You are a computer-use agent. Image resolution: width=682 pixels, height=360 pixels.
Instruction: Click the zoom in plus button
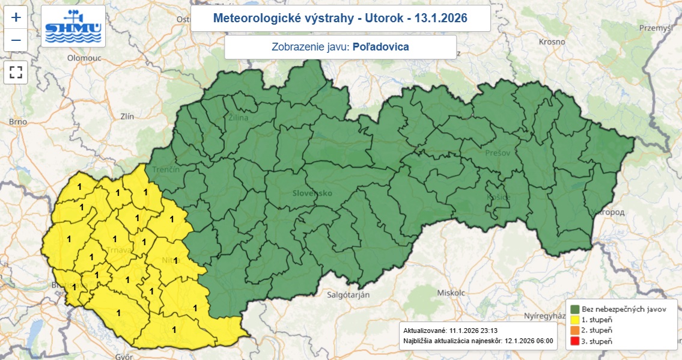coord(16,17)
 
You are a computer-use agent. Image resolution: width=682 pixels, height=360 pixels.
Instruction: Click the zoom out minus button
coord(16,41)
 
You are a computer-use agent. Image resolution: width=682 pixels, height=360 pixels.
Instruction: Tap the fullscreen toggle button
coord(16,73)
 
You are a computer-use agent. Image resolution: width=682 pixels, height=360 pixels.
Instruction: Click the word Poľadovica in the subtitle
coord(380,47)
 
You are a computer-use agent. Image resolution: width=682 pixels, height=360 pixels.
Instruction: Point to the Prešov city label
coord(498,153)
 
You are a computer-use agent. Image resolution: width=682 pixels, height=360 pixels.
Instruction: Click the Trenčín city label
coord(166,170)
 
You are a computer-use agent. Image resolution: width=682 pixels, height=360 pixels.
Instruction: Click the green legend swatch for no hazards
coord(574,309)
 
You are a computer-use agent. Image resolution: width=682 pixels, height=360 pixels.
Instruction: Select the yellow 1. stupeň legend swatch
coord(574,320)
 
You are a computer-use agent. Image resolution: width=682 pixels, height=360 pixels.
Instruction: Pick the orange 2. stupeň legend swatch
coord(574,331)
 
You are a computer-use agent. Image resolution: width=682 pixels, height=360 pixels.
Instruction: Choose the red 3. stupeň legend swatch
coord(574,341)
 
